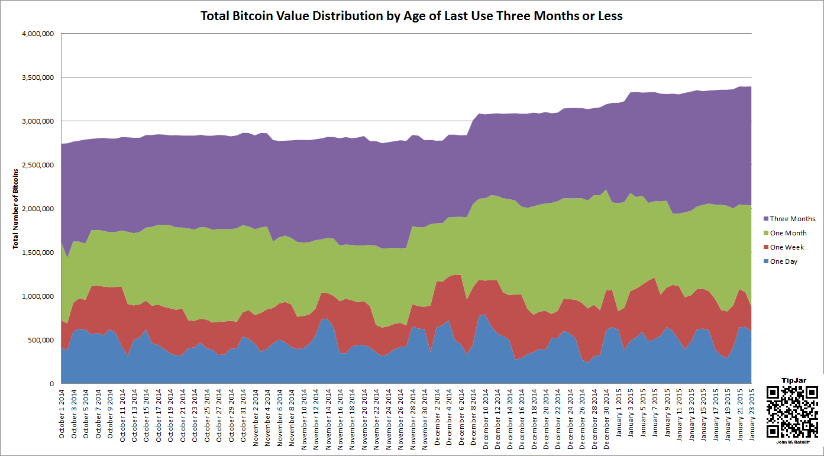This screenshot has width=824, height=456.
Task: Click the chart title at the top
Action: coord(412,16)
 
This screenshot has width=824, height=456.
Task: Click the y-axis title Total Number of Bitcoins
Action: coord(16,209)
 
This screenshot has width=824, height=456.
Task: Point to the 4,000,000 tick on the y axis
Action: coord(37,34)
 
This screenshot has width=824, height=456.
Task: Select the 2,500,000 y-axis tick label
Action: coord(37,165)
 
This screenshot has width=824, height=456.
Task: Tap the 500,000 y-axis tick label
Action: coord(40,340)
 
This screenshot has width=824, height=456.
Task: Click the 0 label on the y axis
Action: coord(52,384)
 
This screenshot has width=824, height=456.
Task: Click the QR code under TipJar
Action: coord(792,412)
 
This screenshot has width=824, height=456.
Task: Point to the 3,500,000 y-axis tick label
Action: coord(37,77)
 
